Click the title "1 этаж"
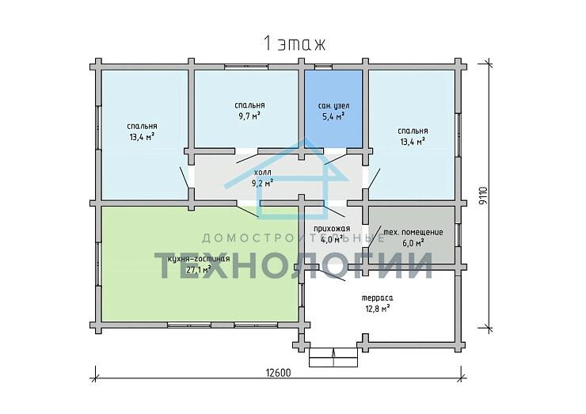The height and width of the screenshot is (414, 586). pyautogui.click(x=295, y=44)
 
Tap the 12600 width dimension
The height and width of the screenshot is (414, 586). pyautogui.click(x=278, y=373)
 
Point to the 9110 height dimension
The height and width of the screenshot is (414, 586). pyautogui.click(x=484, y=196)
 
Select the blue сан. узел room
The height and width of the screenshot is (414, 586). pyautogui.click(x=333, y=109)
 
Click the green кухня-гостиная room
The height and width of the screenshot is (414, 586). pyautogui.click(x=200, y=264)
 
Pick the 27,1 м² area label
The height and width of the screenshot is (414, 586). pyautogui.click(x=198, y=269)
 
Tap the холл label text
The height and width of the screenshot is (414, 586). pyautogui.click(x=263, y=173)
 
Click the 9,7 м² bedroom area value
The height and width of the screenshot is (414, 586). pyautogui.click(x=249, y=116)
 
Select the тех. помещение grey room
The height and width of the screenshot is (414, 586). pyautogui.click(x=412, y=234)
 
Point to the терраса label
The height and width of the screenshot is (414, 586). pyautogui.click(x=377, y=298)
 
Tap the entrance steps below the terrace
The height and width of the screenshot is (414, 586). pyautogui.click(x=333, y=358)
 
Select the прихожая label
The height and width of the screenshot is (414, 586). pyautogui.click(x=332, y=229)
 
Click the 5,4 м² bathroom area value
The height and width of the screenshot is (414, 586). pyautogui.click(x=333, y=116)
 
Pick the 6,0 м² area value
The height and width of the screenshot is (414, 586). pyautogui.click(x=413, y=243)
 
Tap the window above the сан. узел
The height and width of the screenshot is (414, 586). pyautogui.click(x=323, y=66)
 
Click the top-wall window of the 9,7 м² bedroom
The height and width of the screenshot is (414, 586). pyautogui.click(x=246, y=66)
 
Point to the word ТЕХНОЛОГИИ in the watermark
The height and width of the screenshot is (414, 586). pyautogui.click(x=294, y=265)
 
